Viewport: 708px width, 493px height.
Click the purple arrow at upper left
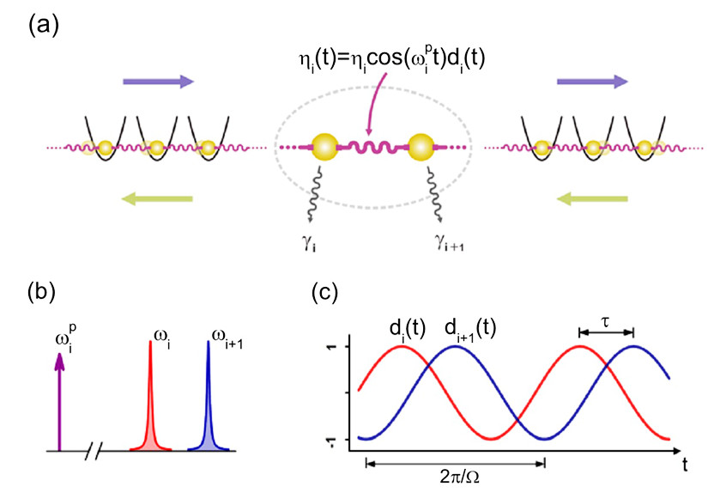click(x=158, y=82)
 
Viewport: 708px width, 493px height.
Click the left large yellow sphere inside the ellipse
click(x=325, y=148)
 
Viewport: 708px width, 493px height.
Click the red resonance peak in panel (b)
click(x=152, y=404)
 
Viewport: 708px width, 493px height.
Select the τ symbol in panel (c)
click(x=606, y=318)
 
